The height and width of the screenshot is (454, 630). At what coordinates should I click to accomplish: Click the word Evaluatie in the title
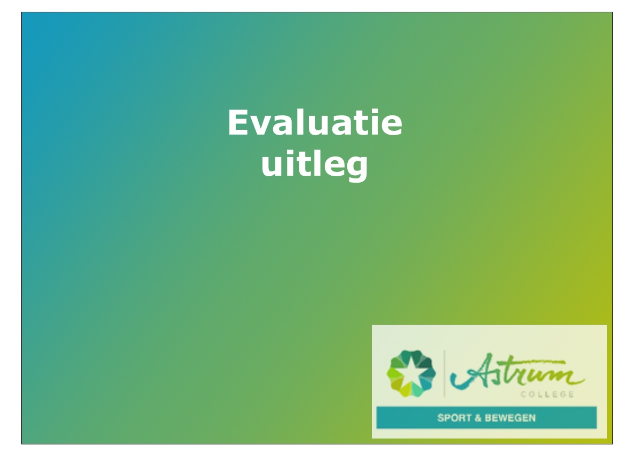(x=315, y=123)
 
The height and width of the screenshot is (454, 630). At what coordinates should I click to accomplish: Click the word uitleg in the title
(x=315, y=165)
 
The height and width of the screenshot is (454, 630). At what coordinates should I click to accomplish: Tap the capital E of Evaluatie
(x=240, y=123)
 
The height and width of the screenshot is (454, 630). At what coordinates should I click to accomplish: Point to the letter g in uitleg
(x=356, y=168)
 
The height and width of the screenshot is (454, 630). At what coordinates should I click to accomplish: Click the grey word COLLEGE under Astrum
(x=547, y=395)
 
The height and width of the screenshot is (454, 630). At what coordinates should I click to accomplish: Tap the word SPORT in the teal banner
(x=454, y=418)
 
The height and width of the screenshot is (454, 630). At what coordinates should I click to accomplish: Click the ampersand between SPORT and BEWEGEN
(x=478, y=418)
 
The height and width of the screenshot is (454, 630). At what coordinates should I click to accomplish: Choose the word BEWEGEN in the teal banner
(x=511, y=418)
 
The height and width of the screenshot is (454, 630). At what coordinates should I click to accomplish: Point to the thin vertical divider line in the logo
(x=444, y=373)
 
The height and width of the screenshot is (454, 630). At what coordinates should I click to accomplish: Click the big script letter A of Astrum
(x=469, y=371)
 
